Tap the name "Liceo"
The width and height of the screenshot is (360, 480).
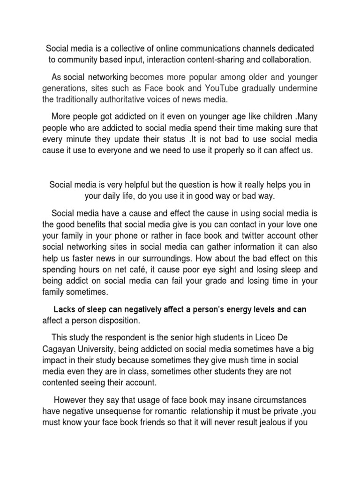pyautogui.click(x=278, y=337)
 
